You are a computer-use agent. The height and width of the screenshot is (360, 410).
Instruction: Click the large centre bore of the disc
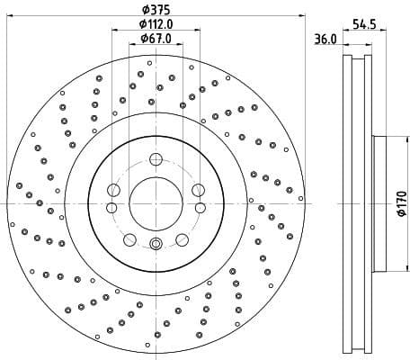pyautogui.click(x=156, y=202)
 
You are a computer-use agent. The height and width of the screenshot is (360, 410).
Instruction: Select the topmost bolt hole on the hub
pyautogui.click(x=156, y=160)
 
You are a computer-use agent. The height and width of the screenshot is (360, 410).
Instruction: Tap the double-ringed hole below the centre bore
pyautogui.click(x=156, y=243)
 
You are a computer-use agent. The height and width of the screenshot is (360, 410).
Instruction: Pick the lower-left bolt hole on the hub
pyautogui.click(x=129, y=239)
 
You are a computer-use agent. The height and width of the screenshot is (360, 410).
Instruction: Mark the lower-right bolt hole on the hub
pyautogui.click(x=182, y=239)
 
